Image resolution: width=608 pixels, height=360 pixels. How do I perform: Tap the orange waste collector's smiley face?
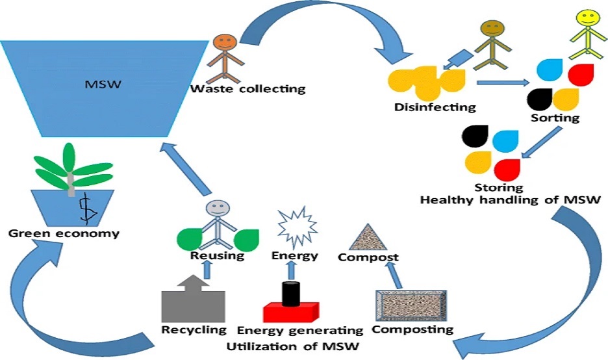tap(223, 44)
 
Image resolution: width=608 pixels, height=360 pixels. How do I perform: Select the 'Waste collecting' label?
tap(247, 88)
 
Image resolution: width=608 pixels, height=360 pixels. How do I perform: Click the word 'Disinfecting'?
tap(435, 107)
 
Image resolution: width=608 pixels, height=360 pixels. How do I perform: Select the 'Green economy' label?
tap(64, 233)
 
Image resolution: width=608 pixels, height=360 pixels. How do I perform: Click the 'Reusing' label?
tap(217, 256)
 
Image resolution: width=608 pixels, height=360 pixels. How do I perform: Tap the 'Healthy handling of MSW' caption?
tap(508, 200)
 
